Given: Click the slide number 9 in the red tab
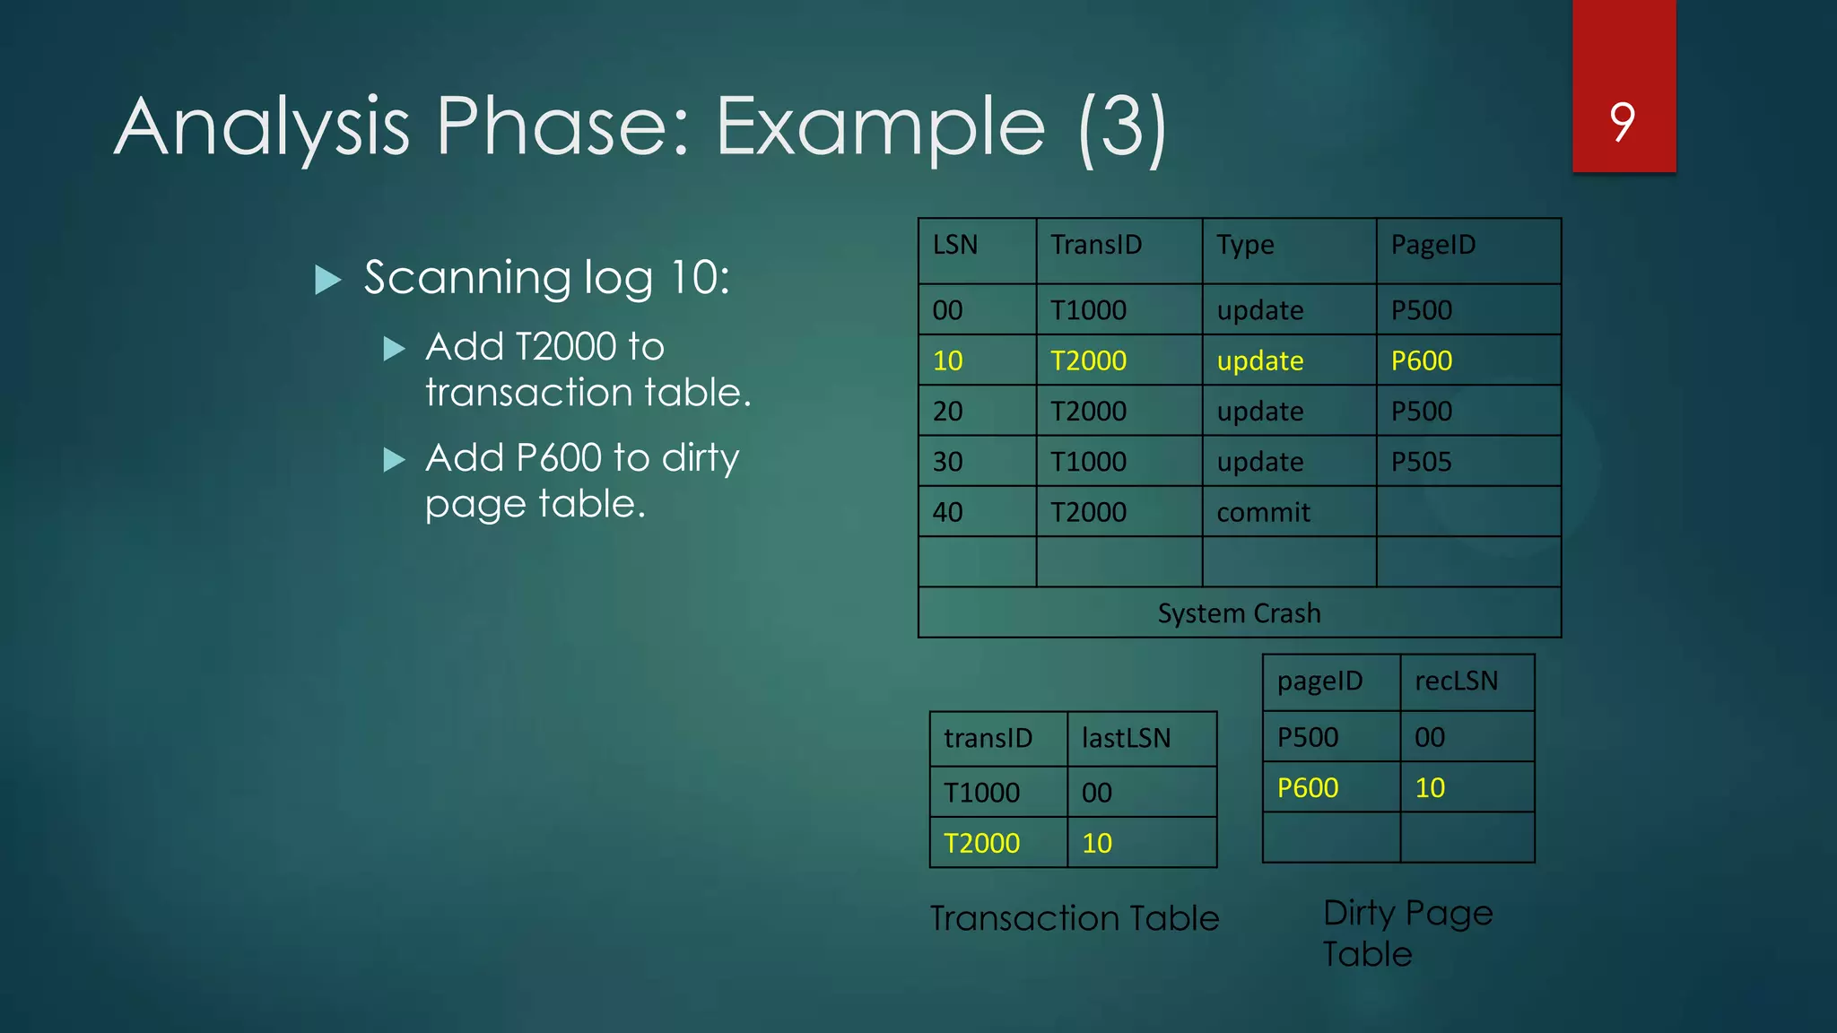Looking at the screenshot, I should [x=1622, y=122].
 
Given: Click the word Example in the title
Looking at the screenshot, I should [x=880, y=127].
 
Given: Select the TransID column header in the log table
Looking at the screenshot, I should [x=1096, y=245].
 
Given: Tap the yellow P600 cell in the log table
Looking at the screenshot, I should [x=1421, y=360].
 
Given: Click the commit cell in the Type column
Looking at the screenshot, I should [x=1262, y=512].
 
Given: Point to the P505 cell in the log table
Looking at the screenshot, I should [x=1421, y=462].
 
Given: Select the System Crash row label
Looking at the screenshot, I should [x=1239, y=613].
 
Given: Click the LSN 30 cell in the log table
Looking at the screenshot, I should [x=947, y=462].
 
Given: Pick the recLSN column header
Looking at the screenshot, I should [x=1456, y=681].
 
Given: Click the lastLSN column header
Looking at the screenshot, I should [x=1126, y=738].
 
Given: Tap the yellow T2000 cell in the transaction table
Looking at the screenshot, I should [x=981, y=843].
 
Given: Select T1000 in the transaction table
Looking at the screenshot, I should [x=981, y=793].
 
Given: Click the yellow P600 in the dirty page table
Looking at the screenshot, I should [x=1307, y=788].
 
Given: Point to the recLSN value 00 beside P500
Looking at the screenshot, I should [x=1429, y=737].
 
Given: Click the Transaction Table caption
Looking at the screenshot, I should [x=1074, y=918].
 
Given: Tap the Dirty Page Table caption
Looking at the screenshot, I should [x=1406, y=933].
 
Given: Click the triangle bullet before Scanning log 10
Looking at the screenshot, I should [x=328, y=280].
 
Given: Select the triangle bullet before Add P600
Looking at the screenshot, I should [x=394, y=460].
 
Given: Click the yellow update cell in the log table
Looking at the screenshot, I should [x=1259, y=360].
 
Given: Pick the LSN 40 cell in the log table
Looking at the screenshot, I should [x=947, y=512].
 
